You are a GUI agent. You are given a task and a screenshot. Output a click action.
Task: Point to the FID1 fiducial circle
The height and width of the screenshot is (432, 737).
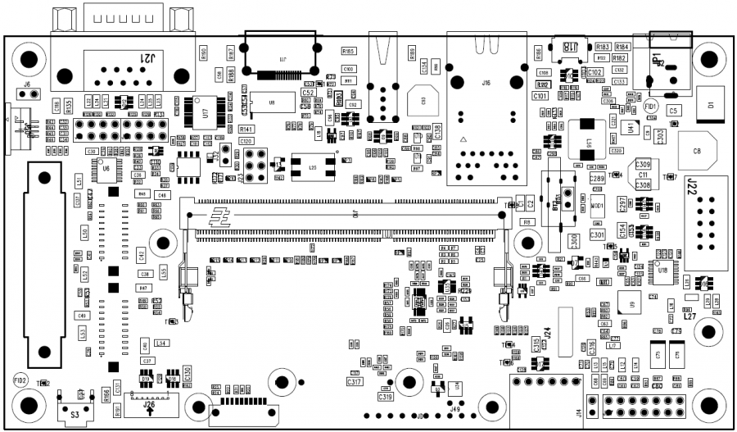pyautogui.click(x=651, y=107)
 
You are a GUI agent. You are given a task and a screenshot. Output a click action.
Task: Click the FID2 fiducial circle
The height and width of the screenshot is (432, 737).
pyautogui.click(x=20, y=380)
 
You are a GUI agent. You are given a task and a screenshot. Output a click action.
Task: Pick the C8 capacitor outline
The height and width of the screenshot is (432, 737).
pyautogui.click(x=698, y=151)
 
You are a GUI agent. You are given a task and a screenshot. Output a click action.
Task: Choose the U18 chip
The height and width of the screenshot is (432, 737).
pyautogui.click(x=662, y=270)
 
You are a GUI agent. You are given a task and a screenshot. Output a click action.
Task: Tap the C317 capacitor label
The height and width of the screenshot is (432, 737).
pyautogui.click(x=355, y=383)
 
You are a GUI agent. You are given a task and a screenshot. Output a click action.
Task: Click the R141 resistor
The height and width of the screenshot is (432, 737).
pyautogui.click(x=246, y=130)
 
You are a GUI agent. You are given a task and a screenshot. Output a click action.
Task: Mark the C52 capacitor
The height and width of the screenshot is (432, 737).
pyautogui.click(x=309, y=93)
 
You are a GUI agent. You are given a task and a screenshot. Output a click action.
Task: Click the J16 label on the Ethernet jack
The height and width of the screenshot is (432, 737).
pyautogui.click(x=486, y=83)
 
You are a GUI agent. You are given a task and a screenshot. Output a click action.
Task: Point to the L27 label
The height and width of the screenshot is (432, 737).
pyautogui.click(x=690, y=316)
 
